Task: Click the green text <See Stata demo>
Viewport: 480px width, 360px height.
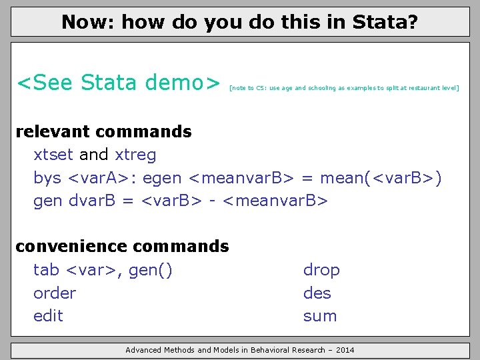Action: coord(118,83)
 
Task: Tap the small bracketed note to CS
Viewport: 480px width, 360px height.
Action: coord(344,88)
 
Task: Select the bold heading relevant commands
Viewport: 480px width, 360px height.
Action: coord(103,131)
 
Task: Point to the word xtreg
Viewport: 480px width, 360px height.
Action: coord(135,155)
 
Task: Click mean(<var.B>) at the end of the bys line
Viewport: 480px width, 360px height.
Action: coord(381,178)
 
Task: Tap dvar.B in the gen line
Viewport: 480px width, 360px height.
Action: coord(93,201)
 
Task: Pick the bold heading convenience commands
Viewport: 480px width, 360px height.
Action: coord(122,246)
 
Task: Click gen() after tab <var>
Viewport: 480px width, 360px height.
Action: coord(151,270)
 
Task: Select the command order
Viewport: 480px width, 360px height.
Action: coord(55,293)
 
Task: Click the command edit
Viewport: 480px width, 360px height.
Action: coord(48,315)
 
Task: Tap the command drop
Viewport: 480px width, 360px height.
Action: coord(321,270)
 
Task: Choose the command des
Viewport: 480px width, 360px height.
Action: coord(317,293)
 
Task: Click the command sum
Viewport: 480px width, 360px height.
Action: coord(320,315)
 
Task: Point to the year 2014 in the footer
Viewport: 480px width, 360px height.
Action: coord(344,350)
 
